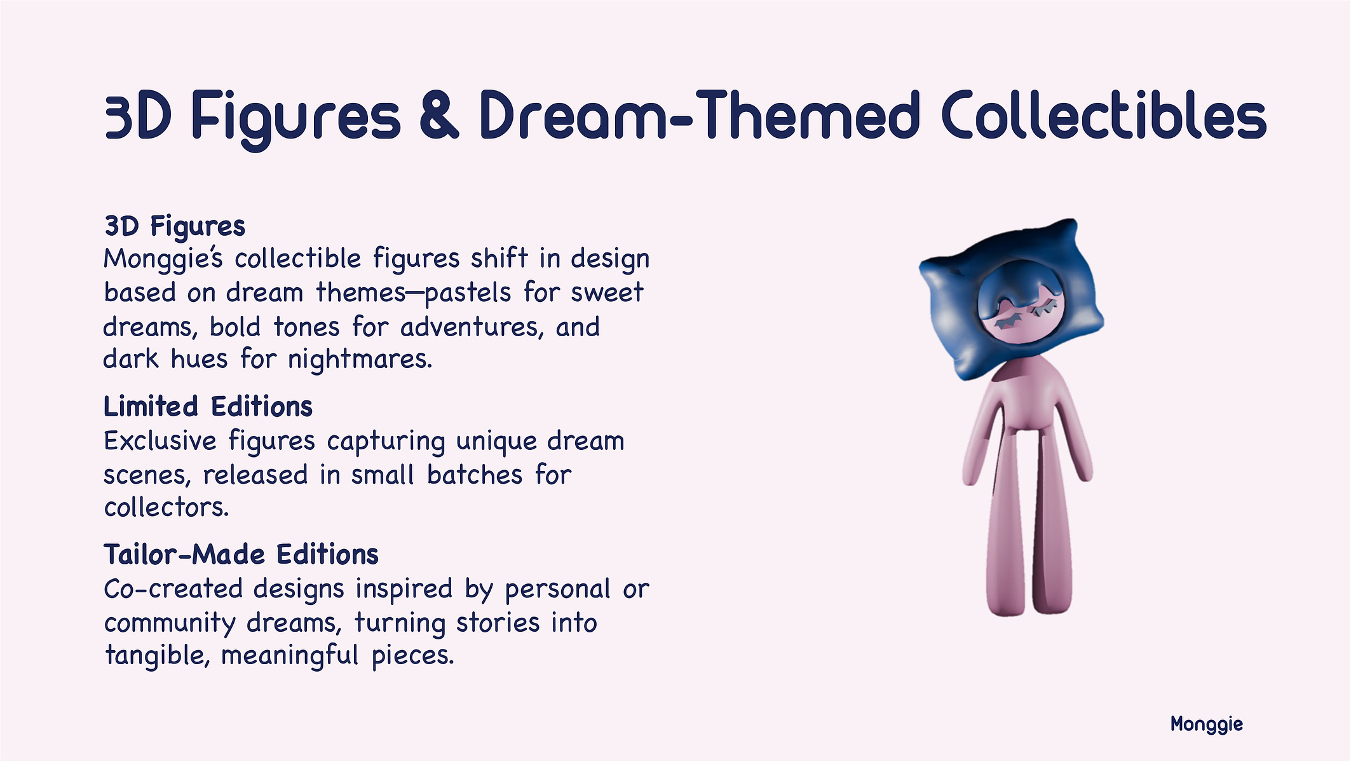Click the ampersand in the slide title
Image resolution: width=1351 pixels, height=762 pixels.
(439, 115)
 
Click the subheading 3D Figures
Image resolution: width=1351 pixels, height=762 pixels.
(175, 227)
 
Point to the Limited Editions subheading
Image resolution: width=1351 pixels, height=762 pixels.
(208, 407)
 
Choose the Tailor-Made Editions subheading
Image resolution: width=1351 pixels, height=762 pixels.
(241, 555)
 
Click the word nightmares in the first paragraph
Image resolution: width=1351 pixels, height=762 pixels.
(360, 360)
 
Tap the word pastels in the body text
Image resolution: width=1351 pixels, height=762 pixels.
(468, 293)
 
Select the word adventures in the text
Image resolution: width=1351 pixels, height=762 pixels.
(472, 327)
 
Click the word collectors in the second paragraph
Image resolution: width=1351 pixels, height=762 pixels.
(166, 508)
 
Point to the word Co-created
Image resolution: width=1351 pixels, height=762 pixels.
(173, 589)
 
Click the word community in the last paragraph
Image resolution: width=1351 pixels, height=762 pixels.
(170, 623)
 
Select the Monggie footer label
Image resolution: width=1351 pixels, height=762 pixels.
(1207, 725)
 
